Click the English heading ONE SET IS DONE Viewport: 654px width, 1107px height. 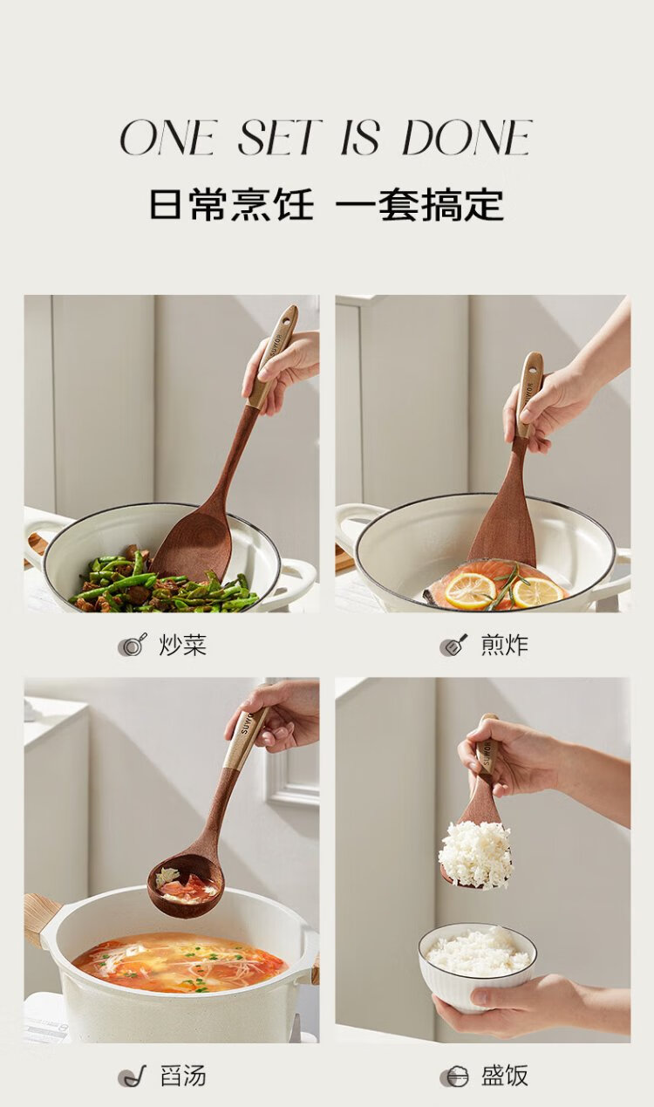[x=326, y=137]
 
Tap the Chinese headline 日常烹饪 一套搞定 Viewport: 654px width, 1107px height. [x=326, y=204]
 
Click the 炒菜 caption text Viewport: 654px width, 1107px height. [x=183, y=645]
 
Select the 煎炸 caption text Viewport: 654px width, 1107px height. [x=505, y=645]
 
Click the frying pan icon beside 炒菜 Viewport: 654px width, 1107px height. [x=133, y=645]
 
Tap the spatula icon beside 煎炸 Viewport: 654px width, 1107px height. [x=453, y=645]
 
